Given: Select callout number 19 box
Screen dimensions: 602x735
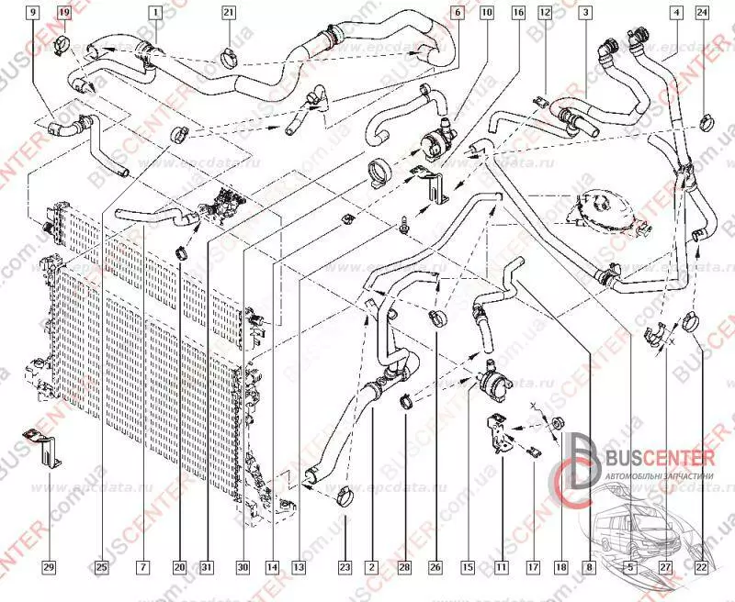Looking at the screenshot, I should [x=64, y=13].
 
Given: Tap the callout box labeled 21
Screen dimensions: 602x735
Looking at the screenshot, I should [x=228, y=13].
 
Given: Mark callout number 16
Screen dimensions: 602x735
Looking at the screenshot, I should [x=518, y=13].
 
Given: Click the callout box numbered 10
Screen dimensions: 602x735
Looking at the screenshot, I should [x=486, y=13].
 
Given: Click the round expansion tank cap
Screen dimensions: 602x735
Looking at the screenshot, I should [x=595, y=207].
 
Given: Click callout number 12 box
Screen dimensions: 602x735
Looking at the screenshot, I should [x=545, y=13].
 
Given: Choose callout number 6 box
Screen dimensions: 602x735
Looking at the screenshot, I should [x=458, y=13].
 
